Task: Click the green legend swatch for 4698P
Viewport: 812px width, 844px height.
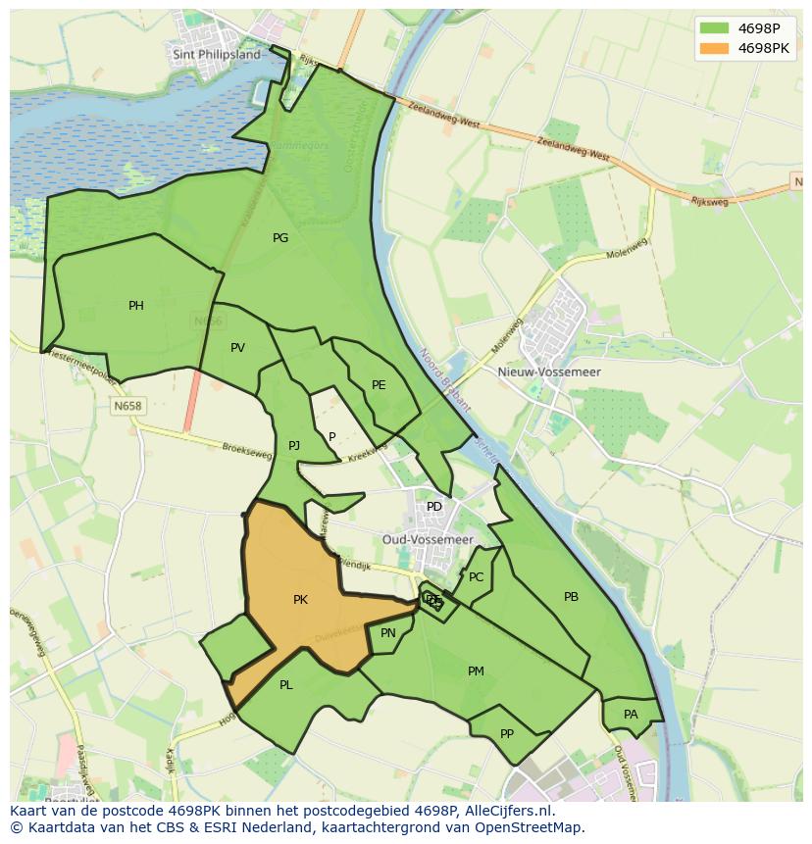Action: point(714,28)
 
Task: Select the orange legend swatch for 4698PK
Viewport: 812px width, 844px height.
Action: point(714,48)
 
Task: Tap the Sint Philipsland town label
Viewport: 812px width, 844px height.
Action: point(217,55)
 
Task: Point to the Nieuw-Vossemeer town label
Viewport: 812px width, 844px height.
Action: point(563,372)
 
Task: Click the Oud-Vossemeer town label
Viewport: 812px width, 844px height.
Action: point(428,540)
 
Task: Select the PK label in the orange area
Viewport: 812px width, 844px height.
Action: point(300,600)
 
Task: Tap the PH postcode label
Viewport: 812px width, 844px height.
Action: point(136,306)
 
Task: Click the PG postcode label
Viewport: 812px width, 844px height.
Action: point(280,238)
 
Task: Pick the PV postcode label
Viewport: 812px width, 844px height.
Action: point(237,348)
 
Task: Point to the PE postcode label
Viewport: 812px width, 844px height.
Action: point(379,385)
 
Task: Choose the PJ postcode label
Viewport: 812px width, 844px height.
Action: point(294,446)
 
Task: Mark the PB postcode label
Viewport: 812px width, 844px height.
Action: point(571,597)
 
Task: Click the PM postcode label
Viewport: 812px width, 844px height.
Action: point(476,671)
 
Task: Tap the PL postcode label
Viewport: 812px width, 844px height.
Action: point(285,685)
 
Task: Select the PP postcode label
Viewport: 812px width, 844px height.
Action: point(507,733)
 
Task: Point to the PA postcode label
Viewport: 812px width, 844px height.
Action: point(631,715)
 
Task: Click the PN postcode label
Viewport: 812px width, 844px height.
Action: point(388,633)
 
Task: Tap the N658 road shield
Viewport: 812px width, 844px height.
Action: point(127,406)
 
